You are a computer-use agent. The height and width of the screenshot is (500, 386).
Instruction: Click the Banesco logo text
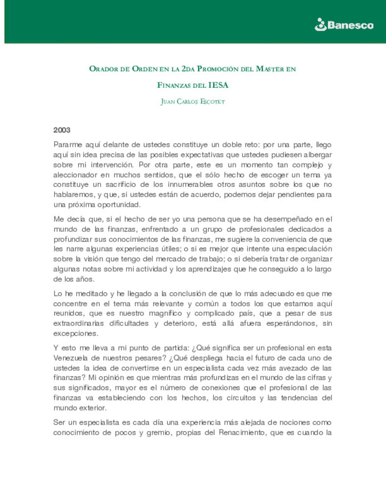[350, 25]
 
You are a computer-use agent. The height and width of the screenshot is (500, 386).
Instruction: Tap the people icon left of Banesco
[321, 25]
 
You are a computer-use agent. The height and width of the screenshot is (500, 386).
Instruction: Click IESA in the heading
[218, 85]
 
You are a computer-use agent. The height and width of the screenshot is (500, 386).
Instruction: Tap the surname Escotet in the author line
[213, 102]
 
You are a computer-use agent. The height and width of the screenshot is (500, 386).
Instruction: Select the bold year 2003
[62, 130]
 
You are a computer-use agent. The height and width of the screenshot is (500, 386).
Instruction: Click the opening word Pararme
[68, 145]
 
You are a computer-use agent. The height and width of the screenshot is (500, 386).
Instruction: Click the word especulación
[309, 249]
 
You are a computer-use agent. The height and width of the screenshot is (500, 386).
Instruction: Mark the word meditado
[91, 294]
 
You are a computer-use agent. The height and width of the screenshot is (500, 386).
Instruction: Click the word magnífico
[165, 313]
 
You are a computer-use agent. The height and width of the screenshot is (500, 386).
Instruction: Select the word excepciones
[75, 333]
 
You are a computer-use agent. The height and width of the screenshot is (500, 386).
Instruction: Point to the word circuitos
[241, 398]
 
